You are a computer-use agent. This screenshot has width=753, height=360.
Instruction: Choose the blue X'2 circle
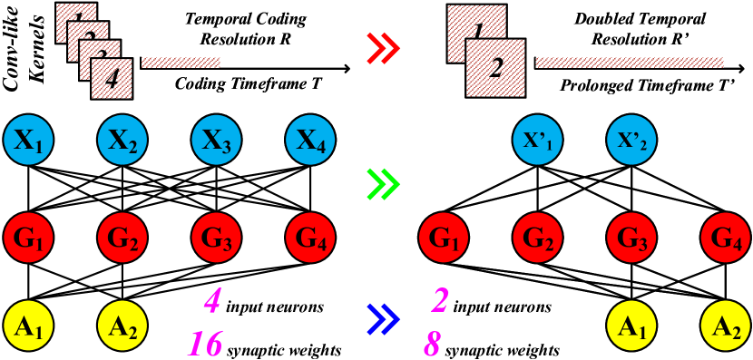(x=631, y=140)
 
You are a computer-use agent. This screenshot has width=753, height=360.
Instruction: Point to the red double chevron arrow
(x=382, y=48)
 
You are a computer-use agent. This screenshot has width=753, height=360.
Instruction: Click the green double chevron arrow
(x=382, y=185)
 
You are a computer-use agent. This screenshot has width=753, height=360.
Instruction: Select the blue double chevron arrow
(x=382, y=319)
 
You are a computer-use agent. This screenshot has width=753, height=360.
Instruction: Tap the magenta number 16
(x=206, y=344)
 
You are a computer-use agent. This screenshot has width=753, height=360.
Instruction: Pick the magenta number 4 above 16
(x=211, y=300)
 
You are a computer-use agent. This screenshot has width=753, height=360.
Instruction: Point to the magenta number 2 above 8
(x=440, y=299)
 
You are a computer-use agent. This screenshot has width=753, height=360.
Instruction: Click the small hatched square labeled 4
(x=112, y=78)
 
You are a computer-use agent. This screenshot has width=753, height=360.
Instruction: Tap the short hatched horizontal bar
(x=181, y=63)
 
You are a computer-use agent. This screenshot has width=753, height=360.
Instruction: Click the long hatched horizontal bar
(x=630, y=63)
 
